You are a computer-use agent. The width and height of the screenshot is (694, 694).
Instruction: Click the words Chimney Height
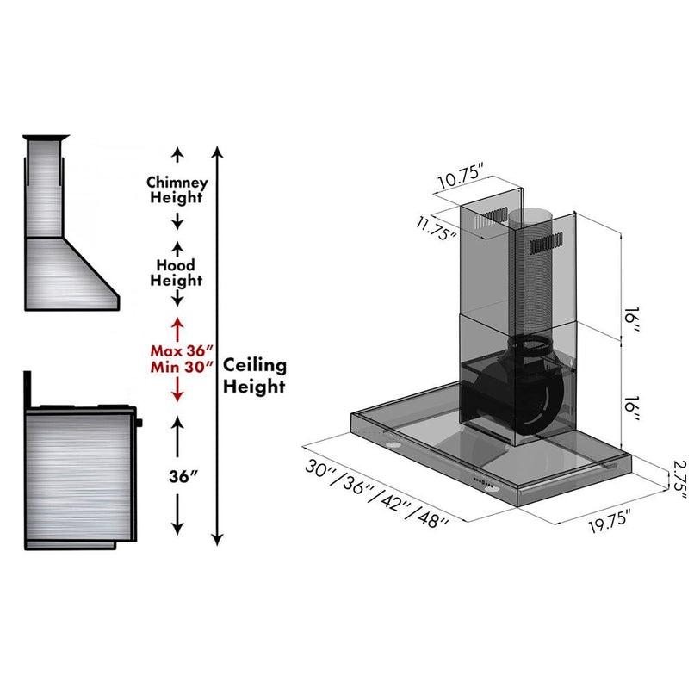[x=177, y=190]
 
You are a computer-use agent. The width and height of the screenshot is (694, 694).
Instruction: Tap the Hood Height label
[x=176, y=273]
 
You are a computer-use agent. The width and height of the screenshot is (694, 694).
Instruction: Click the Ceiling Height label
[x=255, y=376]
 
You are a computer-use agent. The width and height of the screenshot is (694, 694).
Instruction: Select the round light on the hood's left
[x=392, y=444]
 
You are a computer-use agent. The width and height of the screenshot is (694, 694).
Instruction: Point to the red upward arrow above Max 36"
[x=177, y=327]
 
